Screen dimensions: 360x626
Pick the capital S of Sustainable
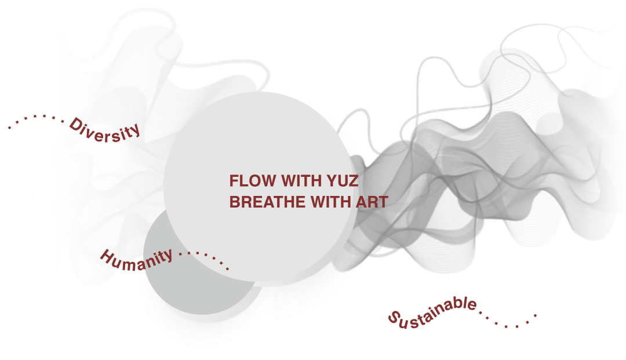click(x=393, y=317)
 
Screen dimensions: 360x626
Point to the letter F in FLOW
click(x=234, y=181)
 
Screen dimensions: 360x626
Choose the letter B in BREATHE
click(x=235, y=202)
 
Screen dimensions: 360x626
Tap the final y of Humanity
click(x=168, y=255)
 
